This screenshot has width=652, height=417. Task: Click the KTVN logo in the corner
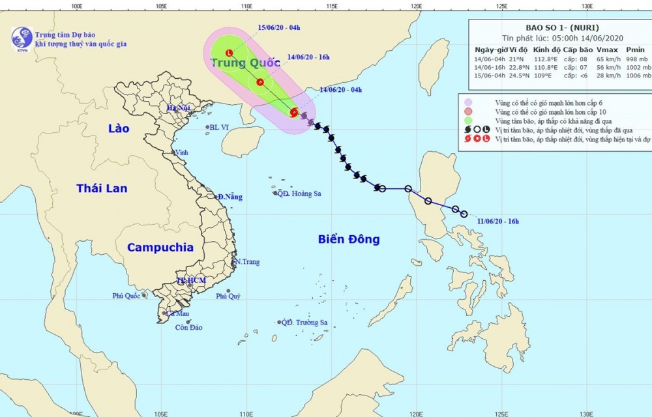click(22, 38)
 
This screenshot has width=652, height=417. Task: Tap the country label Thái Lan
click(102, 188)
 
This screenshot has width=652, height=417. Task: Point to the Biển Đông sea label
click(349, 239)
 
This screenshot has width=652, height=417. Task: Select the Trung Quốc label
click(245, 63)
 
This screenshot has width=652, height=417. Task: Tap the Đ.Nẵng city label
click(230, 197)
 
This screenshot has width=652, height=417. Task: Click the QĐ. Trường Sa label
click(304, 323)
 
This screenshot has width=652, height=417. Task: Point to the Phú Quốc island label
click(126, 296)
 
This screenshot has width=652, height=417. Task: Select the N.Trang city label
click(247, 262)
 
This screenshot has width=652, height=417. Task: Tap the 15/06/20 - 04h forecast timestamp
click(278, 27)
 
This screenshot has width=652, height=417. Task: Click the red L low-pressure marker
click(229, 53)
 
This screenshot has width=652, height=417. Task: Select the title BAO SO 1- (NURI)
click(558, 27)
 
